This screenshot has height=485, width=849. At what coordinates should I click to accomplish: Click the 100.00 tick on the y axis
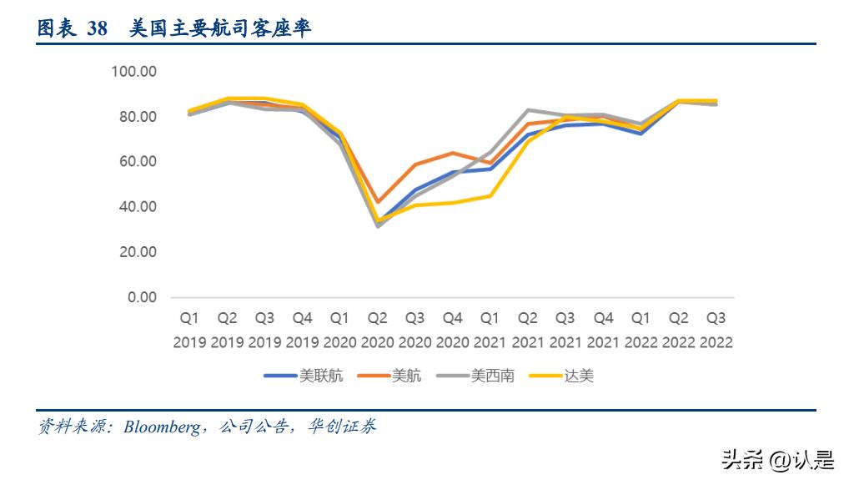pos(133,72)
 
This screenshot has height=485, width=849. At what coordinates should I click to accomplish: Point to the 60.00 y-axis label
pos(137,162)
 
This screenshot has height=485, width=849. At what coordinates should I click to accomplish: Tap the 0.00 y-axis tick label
pos(141,297)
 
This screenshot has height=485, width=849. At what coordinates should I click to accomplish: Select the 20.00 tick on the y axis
pos(137,252)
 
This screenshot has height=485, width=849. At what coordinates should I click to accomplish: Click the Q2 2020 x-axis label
pos(377,331)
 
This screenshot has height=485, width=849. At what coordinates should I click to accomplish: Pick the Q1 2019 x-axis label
pos(189,331)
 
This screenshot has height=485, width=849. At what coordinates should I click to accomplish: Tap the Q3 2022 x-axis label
pos(716,331)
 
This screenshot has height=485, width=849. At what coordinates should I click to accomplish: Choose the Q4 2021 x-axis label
pos(603,331)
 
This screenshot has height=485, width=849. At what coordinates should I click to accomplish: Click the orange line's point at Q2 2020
pos(377,202)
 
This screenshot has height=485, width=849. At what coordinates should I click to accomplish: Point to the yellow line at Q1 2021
pos(490,195)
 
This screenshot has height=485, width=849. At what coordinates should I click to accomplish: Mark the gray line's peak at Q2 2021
pos(528,109)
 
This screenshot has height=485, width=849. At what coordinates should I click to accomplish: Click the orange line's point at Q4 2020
pos(453,153)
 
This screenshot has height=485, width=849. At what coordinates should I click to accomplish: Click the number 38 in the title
pos(97,28)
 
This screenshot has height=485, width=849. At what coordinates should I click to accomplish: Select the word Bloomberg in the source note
pos(162,427)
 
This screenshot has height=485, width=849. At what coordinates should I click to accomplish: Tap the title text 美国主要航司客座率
pos(220,28)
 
